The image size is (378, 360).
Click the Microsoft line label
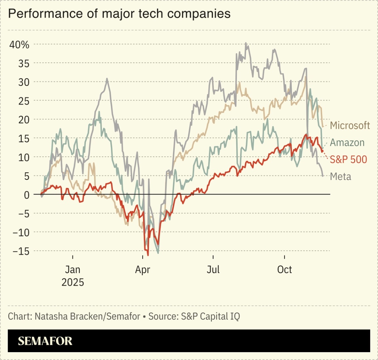pyautogui.click(x=350, y=125)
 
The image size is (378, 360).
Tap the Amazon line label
pyautogui.click(x=347, y=143)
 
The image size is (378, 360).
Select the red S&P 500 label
pyautogui.click(x=348, y=160)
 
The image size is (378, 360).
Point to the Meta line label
pyautogui.click(x=340, y=177)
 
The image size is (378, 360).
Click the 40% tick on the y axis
pyautogui.click(x=19, y=45)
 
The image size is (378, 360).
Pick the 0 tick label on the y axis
pyautogui.click(x=27, y=195)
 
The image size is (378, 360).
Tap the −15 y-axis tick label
pyautogui.click(x=21, y=251)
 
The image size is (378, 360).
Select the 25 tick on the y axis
pyautogui.click(x=24, y=101)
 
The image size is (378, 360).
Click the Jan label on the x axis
pyautogui.click(x=73, y=270)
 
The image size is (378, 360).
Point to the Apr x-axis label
pyautogui.click(x=142, y=270)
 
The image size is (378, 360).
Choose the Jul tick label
pyautogui.click(x=213, y=270)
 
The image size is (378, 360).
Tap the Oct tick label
pyautogui.click(x=284, y=270)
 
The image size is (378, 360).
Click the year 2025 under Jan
pyautogui.click(x=73, y=282)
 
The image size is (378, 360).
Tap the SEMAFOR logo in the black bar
pyautogui.click(x=45, y=341)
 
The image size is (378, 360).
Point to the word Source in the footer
pyautogui.click(x=163, y=316)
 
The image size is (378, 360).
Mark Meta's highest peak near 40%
pyautogui.click(x=245, y=43)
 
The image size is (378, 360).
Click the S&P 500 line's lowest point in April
pyautogui.click(x=148, y=255)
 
